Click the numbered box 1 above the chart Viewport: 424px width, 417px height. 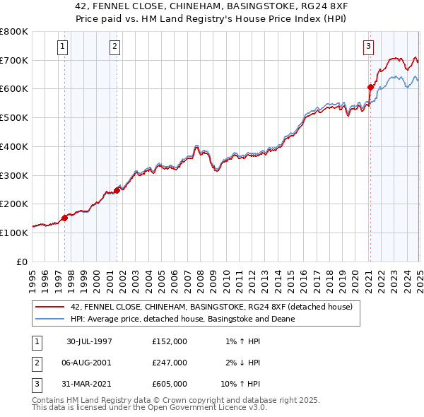coord(63,47)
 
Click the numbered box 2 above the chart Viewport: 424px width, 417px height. coord(114,47)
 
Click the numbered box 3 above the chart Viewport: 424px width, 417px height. coord(368,47)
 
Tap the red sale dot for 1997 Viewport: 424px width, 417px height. coord(64,218)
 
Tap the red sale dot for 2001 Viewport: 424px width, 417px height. coord(117,190)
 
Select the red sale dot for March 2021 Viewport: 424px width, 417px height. coord(370,88)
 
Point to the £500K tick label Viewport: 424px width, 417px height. coord(14,117)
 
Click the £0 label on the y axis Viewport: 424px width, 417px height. coord(23,262)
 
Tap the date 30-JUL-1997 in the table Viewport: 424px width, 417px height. coord(89,341)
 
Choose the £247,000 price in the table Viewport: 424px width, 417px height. coord(170,363)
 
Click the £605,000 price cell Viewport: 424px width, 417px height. coord(170,384)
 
